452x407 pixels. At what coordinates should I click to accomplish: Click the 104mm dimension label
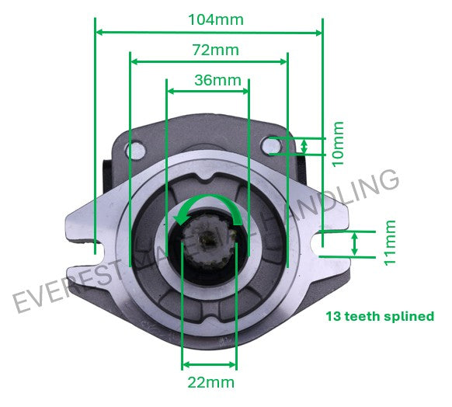214,19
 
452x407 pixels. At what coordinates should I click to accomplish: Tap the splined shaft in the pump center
207,237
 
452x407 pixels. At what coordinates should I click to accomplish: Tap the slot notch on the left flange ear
95,247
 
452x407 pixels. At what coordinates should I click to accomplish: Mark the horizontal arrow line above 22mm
209,364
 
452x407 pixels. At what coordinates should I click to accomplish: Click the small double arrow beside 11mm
356,243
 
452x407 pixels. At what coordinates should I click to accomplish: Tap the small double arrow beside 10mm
304,145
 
